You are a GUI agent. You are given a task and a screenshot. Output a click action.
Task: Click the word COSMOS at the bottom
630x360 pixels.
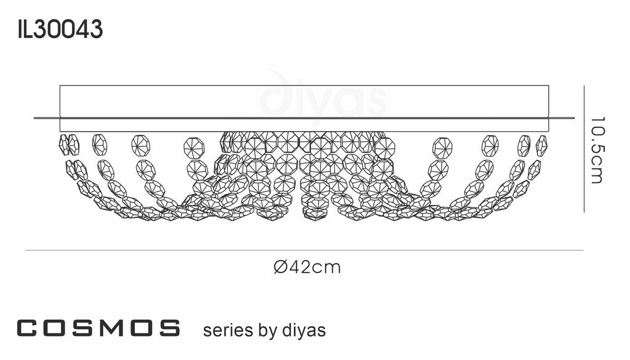pos(98,328)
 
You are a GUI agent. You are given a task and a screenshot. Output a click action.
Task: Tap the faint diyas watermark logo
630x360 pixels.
pos(323,98)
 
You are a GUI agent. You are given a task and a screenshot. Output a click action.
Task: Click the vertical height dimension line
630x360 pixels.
pos(583,148)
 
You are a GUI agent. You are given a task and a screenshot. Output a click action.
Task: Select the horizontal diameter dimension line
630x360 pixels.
pos(304,250)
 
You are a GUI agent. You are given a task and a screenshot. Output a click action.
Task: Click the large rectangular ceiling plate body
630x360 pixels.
pos(304,101)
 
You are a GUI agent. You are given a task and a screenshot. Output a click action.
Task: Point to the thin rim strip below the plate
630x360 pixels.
pos(304,124)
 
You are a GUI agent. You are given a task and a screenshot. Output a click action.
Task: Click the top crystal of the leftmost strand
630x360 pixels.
pos(63,144)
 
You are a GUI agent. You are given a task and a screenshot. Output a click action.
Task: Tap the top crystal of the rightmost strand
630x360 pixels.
pos(541,145)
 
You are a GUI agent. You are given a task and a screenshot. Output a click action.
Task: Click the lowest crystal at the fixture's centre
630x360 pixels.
pos(315,215)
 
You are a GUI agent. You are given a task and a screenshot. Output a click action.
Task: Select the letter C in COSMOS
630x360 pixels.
pos(28,328)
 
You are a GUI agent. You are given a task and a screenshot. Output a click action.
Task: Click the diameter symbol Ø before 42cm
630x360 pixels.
pos(279,267)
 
